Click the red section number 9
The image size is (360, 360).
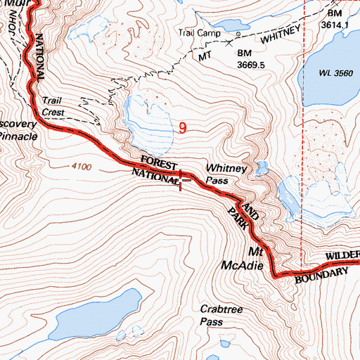point(183,128)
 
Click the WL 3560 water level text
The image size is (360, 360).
point(335,73)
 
